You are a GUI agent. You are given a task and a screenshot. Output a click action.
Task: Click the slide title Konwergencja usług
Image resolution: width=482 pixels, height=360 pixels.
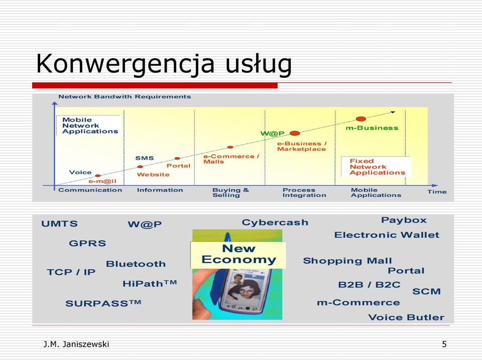click(164, 64)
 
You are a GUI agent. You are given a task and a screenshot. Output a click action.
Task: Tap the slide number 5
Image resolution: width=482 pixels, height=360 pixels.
click(444, 344)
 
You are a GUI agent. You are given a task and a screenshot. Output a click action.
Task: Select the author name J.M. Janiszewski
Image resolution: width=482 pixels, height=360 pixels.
click(76, 344)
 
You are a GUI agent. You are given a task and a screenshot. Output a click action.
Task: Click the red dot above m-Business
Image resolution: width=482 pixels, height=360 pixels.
click(361, 119)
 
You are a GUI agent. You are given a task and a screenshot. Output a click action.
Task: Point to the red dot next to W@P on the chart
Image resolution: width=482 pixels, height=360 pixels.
click(295, 133)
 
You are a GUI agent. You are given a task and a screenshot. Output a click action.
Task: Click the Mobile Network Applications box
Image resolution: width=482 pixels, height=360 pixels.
click(88, 126)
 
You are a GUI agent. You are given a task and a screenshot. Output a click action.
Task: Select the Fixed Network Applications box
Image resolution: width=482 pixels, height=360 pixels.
click(376, 167)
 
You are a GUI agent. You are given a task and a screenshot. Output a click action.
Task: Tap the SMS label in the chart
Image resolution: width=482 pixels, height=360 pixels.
click(145, 158)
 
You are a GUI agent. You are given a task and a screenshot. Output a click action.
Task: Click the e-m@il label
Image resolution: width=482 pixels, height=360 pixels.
click(102, 181)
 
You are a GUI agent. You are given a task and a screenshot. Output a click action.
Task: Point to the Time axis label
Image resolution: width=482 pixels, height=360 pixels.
click(437, 191)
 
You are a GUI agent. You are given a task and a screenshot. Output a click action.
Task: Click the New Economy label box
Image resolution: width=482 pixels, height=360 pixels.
click(238, 255)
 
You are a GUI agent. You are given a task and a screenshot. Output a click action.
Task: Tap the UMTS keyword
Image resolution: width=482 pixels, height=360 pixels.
click(59, 223)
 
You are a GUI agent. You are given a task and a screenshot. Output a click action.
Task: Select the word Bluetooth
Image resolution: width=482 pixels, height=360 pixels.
click(136, 264)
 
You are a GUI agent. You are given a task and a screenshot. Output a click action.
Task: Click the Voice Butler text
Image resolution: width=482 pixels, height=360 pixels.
click(406, 317)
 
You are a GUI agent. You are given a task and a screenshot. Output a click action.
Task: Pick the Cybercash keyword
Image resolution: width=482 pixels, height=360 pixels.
click(275, 222)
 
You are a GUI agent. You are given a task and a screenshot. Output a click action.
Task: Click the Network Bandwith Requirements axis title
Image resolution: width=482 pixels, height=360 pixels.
click(125, 96)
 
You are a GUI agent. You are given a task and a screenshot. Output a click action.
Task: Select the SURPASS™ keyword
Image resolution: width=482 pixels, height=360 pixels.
click(103, 303)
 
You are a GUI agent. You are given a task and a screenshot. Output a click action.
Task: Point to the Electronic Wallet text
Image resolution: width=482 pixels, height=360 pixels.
click(387, 235)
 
